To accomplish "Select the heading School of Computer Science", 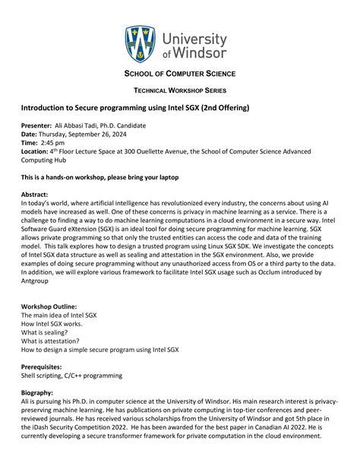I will point(179,73).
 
